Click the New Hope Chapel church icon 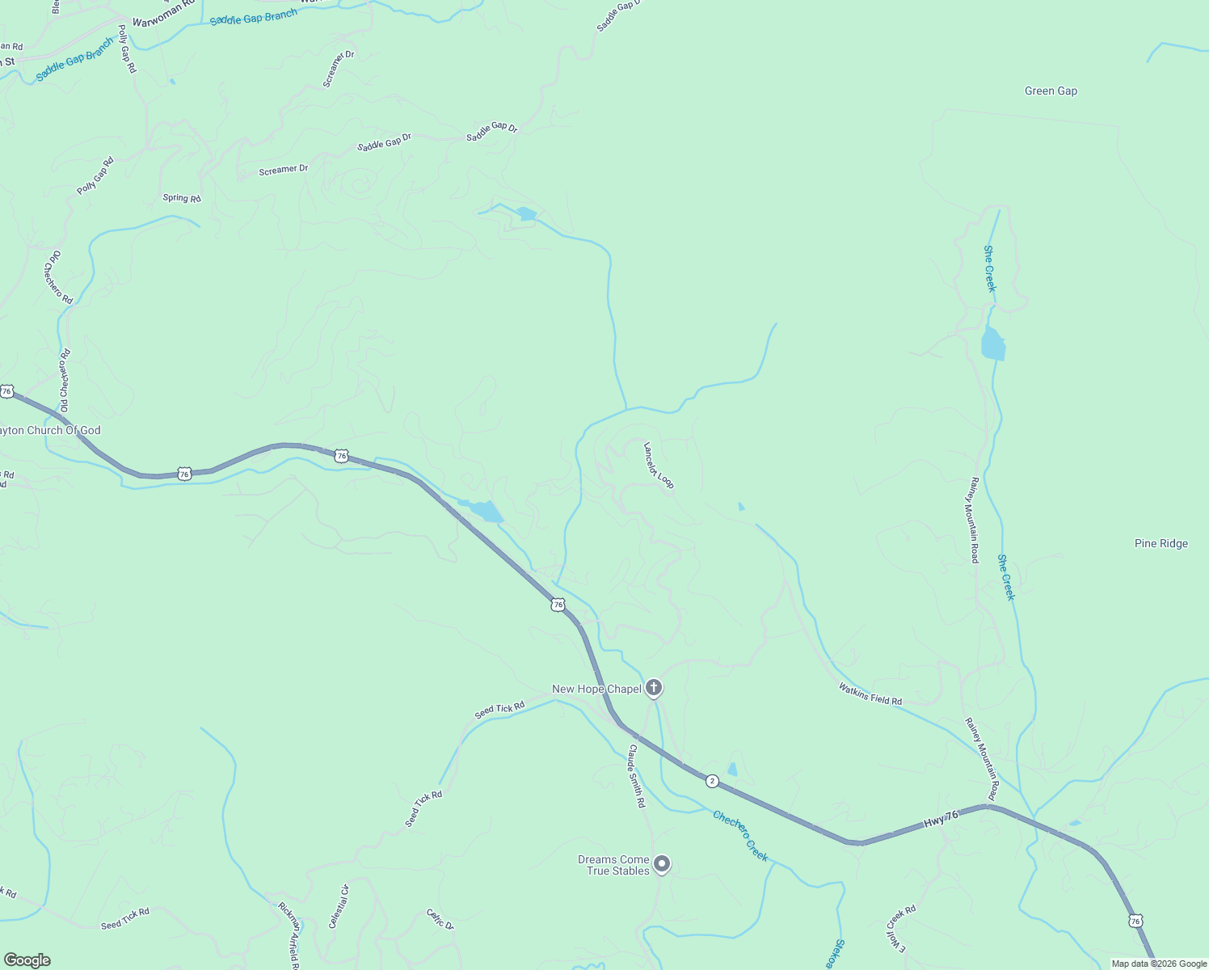(x=654, y=689)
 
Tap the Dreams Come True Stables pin (x=662, y=865)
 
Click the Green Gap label (x=1051, y=91)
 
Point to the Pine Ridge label (x=1161, y=544)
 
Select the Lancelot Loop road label (x=659, y=465)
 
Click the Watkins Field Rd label (x=870, y=694)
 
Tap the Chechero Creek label (x=740, y=836)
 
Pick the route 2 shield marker (x=712, y=781)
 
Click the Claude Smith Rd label (x=638, y=776)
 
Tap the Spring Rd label (x=182, y=198)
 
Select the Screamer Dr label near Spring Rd (x=283, y=170)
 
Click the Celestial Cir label (x=339, y=906)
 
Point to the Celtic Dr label (x=440, y=919)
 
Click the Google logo (x=27, y=959)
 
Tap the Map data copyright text (x=1159, y=964)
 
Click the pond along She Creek (x=992, y=344)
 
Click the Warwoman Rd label (x=167, y=4)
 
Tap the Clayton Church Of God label (x=50, y=431)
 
